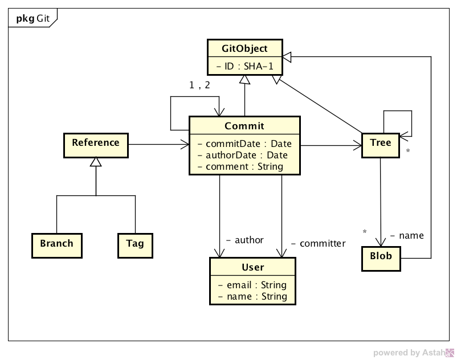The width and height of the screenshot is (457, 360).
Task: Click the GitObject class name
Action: pyautogui.click(x=244, y=49)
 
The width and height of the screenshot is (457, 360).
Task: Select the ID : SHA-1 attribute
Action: pyautogui.click(x=244, y=67)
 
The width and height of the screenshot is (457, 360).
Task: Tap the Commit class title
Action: pyautogui.click(x=244, y=126)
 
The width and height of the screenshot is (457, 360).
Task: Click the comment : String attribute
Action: pyautogui.click(x=240, y=166)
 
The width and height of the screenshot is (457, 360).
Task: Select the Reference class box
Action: pyautogui.click(x=96, y=144)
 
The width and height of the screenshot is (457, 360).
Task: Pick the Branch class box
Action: pyautogui.click(x=56, y=244)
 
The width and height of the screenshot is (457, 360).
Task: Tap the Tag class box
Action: pyautogui.click(x=135, y=244)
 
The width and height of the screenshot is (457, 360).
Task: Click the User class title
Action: pyautogui.click(x=253, y=267)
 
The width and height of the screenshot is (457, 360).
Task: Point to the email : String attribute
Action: pyautogui.click(x=252, y=285)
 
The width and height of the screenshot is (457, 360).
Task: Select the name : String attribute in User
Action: pyautogui.click(x=252, y=296)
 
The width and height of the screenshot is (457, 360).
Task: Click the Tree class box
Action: pyautogui.click(x=380, y=144)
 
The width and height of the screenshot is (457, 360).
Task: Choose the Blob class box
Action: pyautogui.click(x=381, y=257)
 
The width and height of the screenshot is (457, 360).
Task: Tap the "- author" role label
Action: pyautogui.click(x=245, y=240)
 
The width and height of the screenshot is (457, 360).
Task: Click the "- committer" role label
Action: pyautogui.click(x=318, y=243)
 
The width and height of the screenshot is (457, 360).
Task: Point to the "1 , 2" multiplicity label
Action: pyautogui.click(x=199, y=85)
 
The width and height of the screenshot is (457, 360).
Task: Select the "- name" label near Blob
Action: pyautogui.click(x=407, y=235)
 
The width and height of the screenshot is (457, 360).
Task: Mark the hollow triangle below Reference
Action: pyautogui.click(x=96, y=162)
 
